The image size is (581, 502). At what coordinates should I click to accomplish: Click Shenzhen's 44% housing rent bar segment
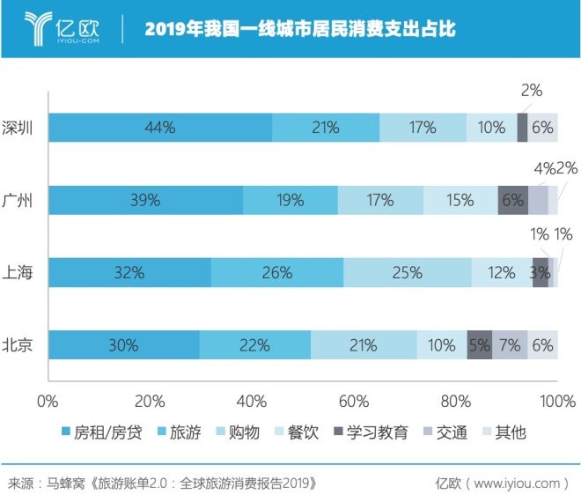tap(160, 128)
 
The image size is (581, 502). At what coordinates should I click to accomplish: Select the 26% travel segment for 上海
tap(277, 272)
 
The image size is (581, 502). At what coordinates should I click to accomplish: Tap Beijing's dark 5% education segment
tap(479, 344)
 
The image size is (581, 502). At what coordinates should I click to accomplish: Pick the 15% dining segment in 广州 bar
tap(460, 200)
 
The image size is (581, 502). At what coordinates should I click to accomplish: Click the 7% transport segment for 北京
tap(509, 344)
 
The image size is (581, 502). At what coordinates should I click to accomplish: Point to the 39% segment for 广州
tap(145, 200)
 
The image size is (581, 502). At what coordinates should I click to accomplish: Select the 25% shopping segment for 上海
tap(407, 272)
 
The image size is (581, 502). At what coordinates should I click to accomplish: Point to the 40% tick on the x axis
tap(252, 402)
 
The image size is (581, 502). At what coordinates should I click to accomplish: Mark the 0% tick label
tap(48, 402)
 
